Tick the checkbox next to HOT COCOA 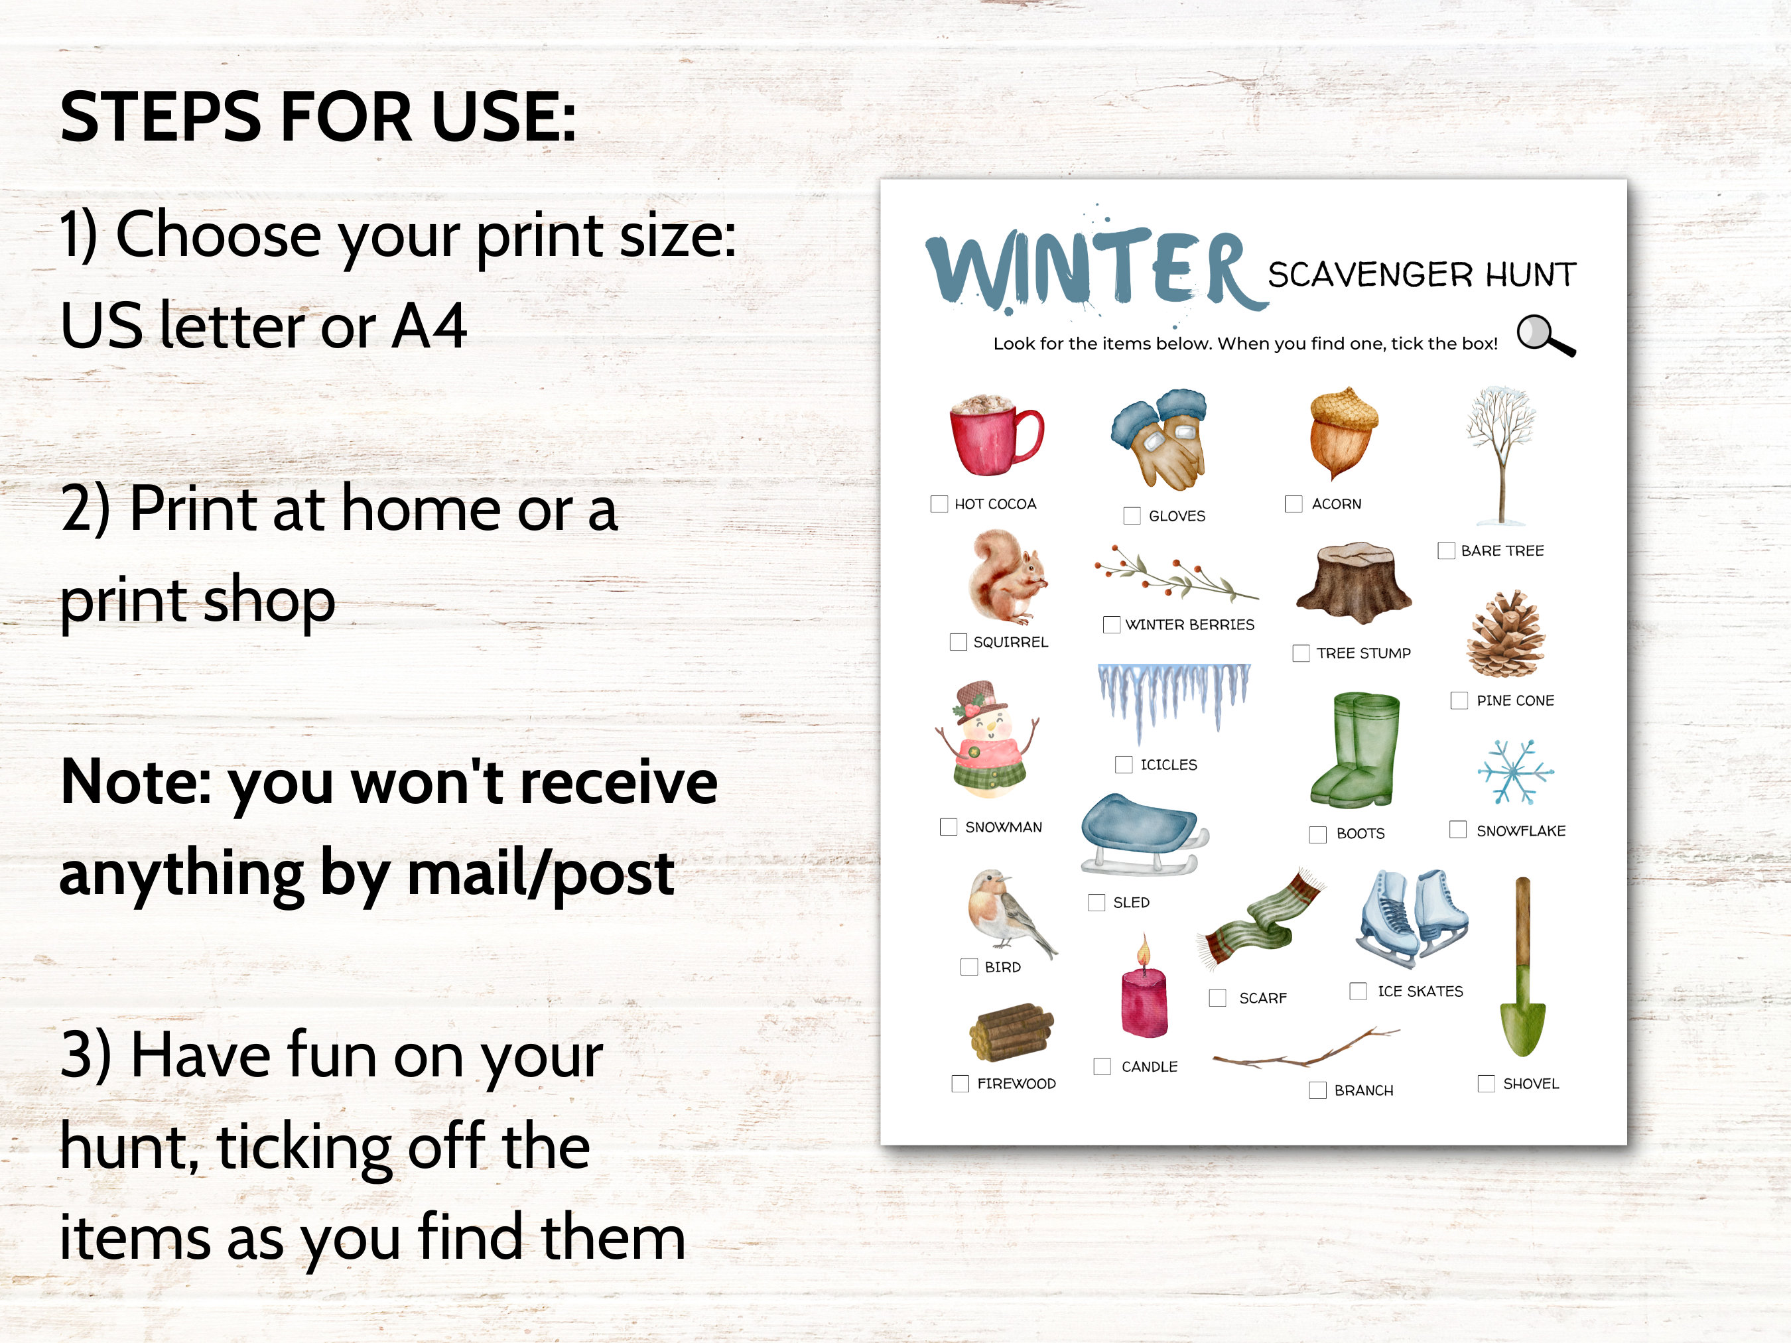939,503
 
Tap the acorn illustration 1343,434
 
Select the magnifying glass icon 1545,335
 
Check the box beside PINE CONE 1459,700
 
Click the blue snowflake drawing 1514,772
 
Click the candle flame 1144,952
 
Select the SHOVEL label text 1530,1084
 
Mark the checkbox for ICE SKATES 1359,991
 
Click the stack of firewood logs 1012,1032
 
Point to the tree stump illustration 1354,581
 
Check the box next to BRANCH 1318,1090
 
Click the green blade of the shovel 1523,1024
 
